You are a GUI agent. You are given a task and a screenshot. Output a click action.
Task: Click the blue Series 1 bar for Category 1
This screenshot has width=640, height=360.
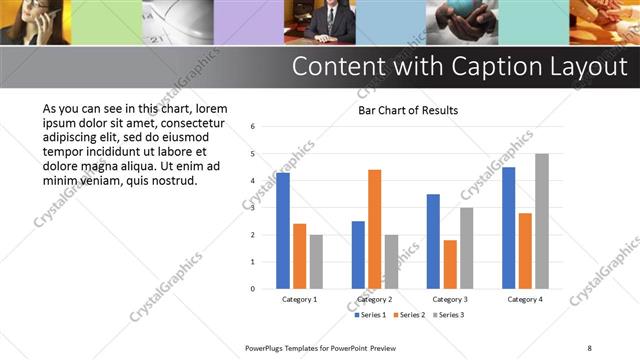[x=283, y=231]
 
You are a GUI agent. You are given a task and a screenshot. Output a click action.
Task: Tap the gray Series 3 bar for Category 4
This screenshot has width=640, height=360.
[x=542, y=221]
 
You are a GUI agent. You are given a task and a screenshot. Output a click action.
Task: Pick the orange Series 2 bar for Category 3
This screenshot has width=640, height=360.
[x=450, y=264]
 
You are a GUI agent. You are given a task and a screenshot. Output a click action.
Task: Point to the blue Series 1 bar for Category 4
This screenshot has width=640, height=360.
[x=509, y=228]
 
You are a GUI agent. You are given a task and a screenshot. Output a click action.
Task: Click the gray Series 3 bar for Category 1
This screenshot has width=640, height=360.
[x=316, y=261]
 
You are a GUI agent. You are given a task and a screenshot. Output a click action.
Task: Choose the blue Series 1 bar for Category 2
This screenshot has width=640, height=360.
[x=358, y=255]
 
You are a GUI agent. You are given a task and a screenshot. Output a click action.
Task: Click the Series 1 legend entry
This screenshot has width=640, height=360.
[x=370, y=315]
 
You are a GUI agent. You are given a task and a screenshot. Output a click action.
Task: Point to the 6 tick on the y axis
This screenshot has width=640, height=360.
[x=253, y=127]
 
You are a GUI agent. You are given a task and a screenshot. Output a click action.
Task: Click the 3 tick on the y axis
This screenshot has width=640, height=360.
[x=253, y=208]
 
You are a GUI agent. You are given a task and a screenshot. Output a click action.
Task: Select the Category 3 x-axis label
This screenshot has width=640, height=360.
[x=450, y=299]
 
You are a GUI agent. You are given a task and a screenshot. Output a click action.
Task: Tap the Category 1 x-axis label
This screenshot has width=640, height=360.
[x=299, y=299]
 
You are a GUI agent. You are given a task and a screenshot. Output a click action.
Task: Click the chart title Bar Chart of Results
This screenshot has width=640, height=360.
[x=408, y=110]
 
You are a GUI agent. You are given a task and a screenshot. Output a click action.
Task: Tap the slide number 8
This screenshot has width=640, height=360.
[x=589, y=347]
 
